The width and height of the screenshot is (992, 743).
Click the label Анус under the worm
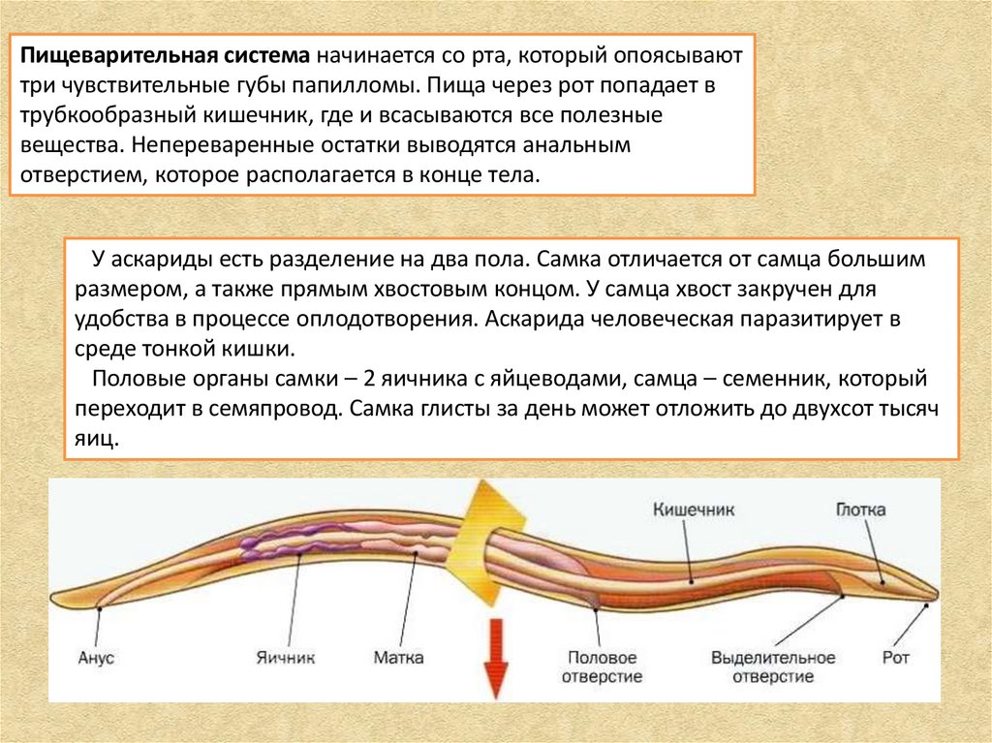pyautogui.click(x=95, y=659)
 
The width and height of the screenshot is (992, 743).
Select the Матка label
pyautogui.click(x=397, y=659)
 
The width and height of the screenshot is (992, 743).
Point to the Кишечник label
pyautogui.click(x=695, y=509)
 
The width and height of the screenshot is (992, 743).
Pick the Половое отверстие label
pyautogui.click(x=602, y=666)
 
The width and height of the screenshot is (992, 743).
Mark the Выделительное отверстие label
pyautogui.click(x=773, y=666)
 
